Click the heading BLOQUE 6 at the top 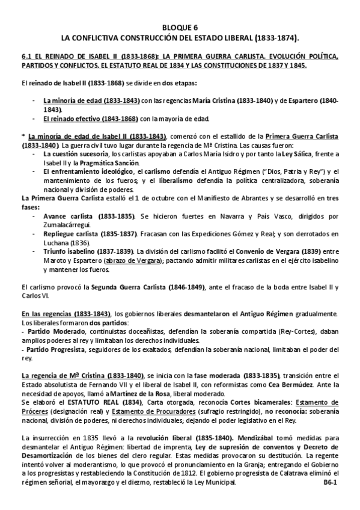pyautogui.click(x=180, y=28)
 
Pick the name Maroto pyautogui.click(x=55, y=261)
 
